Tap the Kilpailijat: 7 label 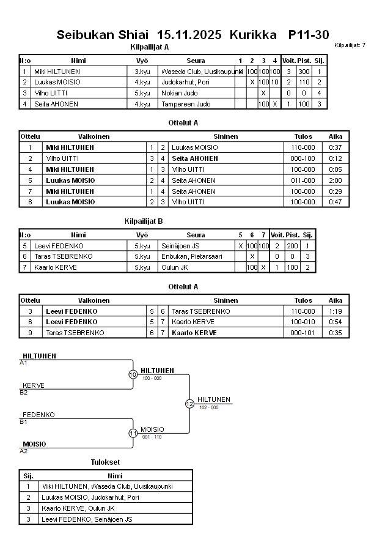350,45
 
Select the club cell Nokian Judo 175,93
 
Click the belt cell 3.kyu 142,71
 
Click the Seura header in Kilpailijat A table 196,61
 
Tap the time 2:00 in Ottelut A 335,180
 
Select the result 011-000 302,180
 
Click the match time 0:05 335,169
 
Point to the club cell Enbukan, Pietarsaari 191,256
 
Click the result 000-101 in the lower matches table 302,333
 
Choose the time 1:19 335,311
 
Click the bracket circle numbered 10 133,374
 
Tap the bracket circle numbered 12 189,404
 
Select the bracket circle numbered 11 133,433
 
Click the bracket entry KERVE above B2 34,385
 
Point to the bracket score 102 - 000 208,407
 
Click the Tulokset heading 105,461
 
